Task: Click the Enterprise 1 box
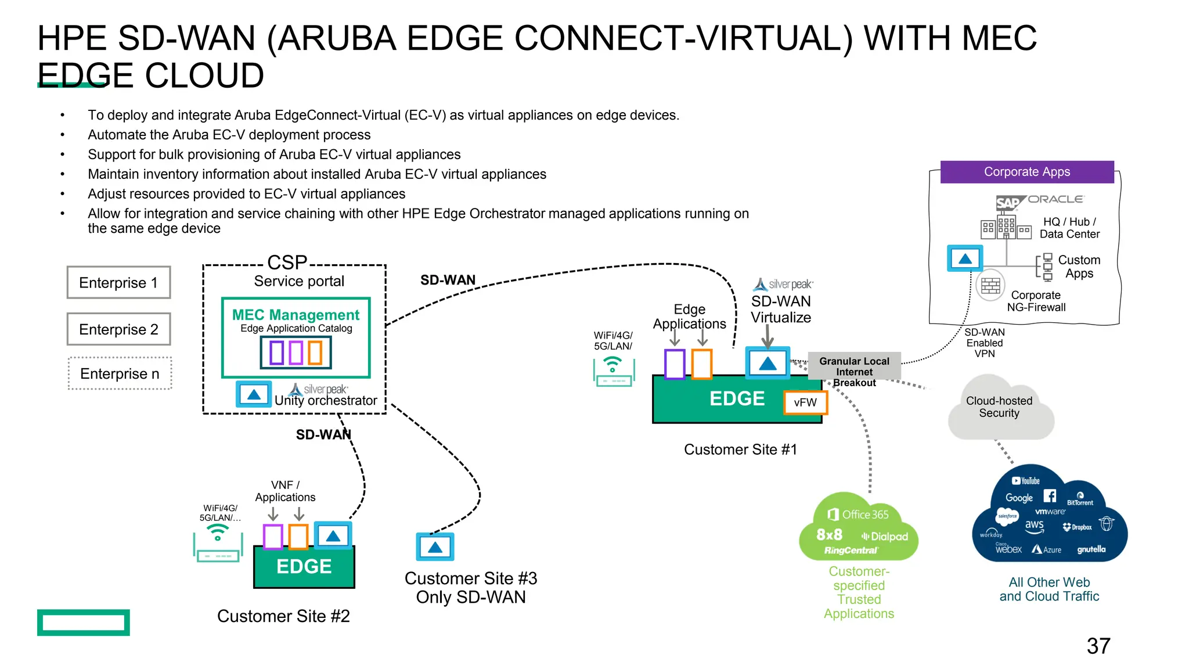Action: [x=118, y=283]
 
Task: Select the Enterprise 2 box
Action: [x=118, y=329]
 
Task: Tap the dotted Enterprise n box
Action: [x=120, y=373]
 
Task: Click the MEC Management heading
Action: [x=296, y=315]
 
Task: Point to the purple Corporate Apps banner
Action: [x=1026, y=172]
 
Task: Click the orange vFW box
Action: [x=805, y=402]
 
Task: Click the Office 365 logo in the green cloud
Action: [x=858, y=515]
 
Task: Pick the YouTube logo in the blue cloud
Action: [x=1026, y=481]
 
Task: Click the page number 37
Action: [x=1098, y=646]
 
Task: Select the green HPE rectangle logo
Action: [x=84, y=622]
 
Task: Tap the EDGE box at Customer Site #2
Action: [x=304, y=566]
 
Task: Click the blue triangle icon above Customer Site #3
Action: [x=435, y=547]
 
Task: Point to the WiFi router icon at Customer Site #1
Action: [x=614, y=372]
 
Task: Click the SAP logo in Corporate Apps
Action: [x=1008, y=203]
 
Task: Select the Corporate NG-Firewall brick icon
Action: [x=990, y=286]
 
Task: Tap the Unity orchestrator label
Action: [x=326, y=401]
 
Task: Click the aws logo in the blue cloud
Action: [x=1034, y=525]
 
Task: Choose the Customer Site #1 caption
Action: [x=740, y=449]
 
